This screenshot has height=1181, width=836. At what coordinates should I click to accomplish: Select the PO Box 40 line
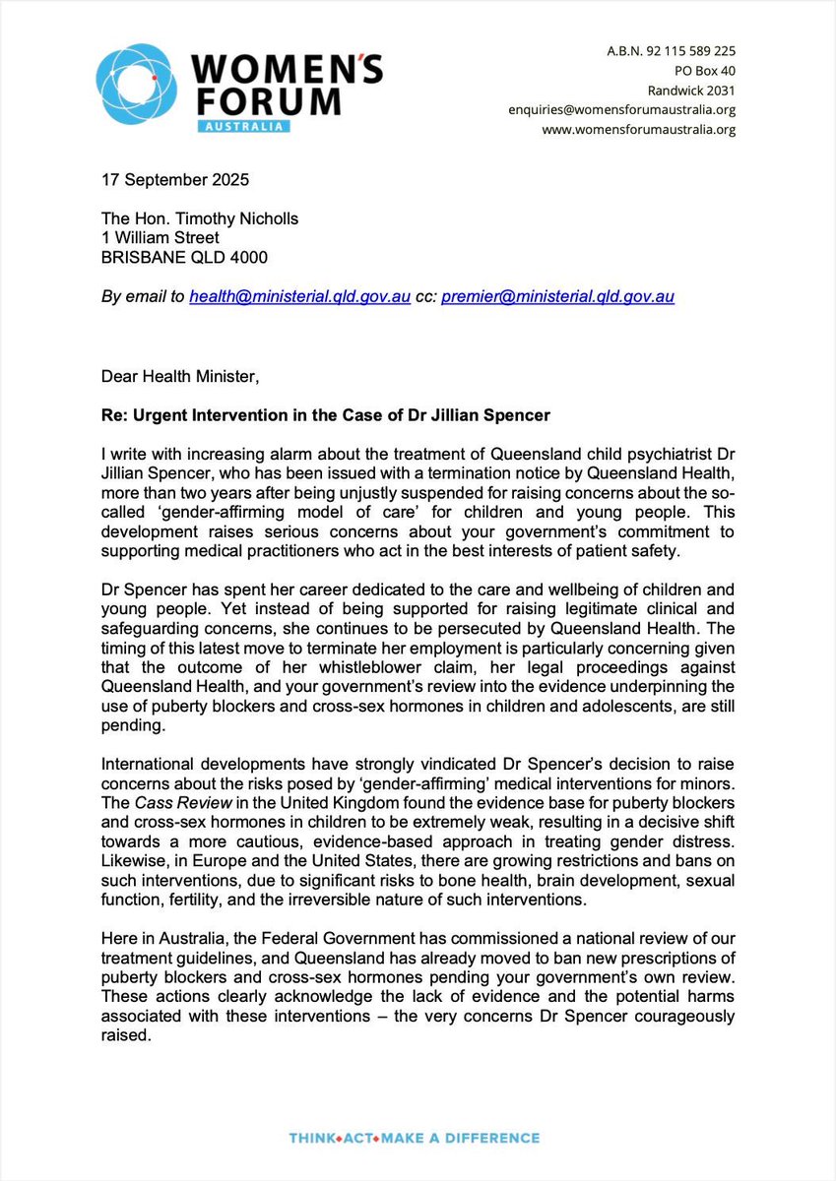coord(704,70)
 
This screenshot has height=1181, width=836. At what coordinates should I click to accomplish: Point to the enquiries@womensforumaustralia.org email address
coord(622,109)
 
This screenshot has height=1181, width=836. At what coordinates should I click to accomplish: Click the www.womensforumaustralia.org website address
coord(637,129)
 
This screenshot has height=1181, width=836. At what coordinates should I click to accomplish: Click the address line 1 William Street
coord(161,239)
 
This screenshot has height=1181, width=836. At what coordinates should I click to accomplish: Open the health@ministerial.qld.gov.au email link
coord(299,296)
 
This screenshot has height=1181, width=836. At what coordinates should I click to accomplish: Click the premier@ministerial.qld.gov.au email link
coord(558,296)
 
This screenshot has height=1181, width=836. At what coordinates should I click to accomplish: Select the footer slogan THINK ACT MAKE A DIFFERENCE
coord(414,1139)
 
